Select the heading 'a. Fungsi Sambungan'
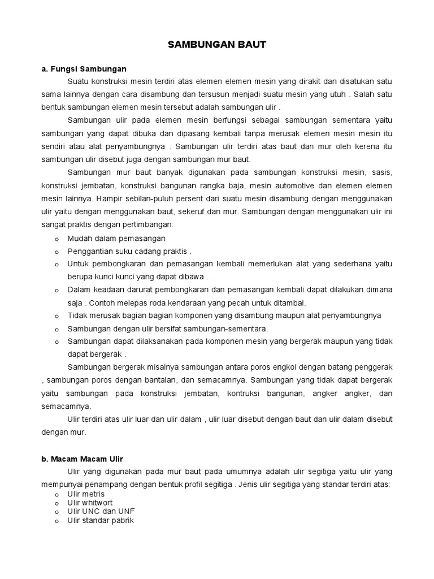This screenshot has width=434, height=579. [x=84, y=69]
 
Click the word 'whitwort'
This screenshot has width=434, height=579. [x=98, y=503]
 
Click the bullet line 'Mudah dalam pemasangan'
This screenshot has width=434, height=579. [x=116, y=239]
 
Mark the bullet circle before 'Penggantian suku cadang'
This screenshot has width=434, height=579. [x=57, y=252]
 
